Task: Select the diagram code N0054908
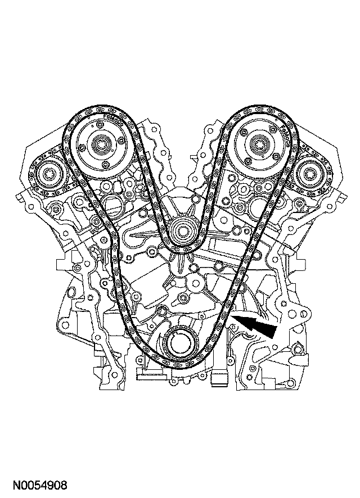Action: coord(40,486)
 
